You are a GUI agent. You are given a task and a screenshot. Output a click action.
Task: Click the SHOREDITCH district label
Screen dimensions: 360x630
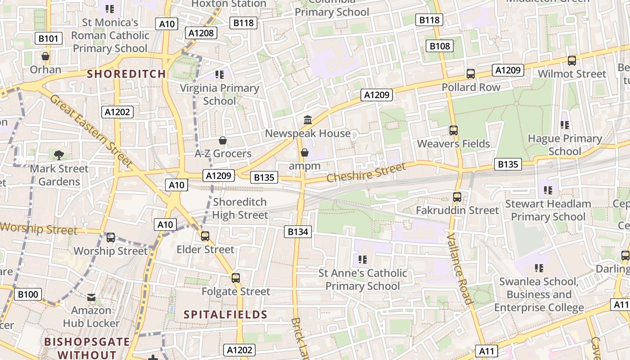[x=126, y=74]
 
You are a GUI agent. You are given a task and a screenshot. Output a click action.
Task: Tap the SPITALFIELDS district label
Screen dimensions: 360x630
[x=225, y=314]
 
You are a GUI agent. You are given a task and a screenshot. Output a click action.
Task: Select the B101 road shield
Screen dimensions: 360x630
[x=48, y=38]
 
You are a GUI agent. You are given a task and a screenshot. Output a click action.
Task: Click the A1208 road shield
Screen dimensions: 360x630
[x=201, y=33]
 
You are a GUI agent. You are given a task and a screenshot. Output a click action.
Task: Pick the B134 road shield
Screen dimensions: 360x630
[x=297, y=232]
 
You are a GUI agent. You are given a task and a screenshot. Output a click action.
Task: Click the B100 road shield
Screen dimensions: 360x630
[x=28, y=295]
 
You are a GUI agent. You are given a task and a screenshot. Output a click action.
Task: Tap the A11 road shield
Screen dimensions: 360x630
[x=487, y=351]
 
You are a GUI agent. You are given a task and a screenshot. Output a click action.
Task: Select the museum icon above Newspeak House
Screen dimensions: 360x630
[x=308, y=120]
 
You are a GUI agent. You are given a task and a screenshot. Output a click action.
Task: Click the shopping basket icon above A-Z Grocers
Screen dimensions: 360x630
[x=222, y=140]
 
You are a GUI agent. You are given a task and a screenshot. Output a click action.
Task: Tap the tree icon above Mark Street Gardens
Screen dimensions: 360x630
[x=58, y=155]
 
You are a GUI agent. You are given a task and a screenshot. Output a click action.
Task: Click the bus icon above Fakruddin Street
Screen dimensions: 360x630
[x=457, y=197]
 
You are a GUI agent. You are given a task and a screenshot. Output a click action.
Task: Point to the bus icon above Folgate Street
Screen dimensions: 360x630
[x=236, y=278]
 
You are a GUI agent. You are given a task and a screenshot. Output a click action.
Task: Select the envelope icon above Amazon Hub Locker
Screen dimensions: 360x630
[x=91, y=297]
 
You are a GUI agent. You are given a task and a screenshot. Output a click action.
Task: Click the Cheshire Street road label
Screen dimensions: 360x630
[x=366, y=172]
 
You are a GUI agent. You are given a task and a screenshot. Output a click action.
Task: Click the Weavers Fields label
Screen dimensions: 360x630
[x=453, y=144]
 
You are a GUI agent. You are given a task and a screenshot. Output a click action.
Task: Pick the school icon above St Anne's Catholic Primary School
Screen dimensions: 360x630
[x=363, y=259]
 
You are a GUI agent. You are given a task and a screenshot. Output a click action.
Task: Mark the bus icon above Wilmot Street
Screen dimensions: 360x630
[x=571, y=60]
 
